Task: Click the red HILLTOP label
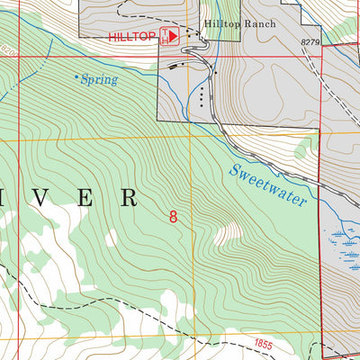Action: click(131, 37)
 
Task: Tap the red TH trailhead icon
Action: click(167, 37)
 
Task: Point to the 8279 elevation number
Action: click(310, 42)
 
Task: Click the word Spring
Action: click(99, 79)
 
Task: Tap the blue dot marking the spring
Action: click(76, 76)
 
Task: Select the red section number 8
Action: click(173, 216)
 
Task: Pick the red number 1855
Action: click(263, 344)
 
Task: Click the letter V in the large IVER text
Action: click(46, 197)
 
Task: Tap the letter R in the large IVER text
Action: click(130, 197)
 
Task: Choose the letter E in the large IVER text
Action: click(87, 197)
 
